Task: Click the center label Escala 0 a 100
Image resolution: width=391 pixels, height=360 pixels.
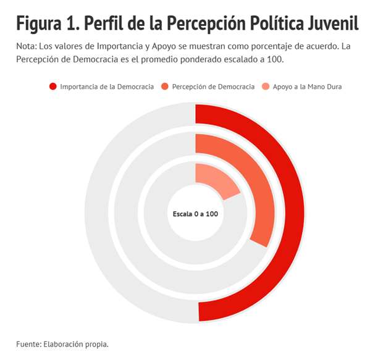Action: tap(195, 214)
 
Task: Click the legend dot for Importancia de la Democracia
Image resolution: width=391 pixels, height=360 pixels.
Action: tap(53, 86)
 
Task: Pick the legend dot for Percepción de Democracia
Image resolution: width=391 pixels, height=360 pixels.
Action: tap(165, 86)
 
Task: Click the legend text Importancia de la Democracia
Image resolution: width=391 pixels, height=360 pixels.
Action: tap(107, 87)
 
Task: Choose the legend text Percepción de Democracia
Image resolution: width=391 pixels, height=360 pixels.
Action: tap(213, 87)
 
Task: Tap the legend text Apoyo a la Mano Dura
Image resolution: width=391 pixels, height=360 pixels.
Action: tap(307, 87)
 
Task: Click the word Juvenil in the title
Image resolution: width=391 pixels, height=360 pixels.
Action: tap(334, 25)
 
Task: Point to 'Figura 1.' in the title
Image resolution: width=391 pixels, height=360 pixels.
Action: tap(46, 25)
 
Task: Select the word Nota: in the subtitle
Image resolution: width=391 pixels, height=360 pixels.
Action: tap(27, 47)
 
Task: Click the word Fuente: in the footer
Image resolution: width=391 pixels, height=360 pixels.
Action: tap(29, 343)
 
